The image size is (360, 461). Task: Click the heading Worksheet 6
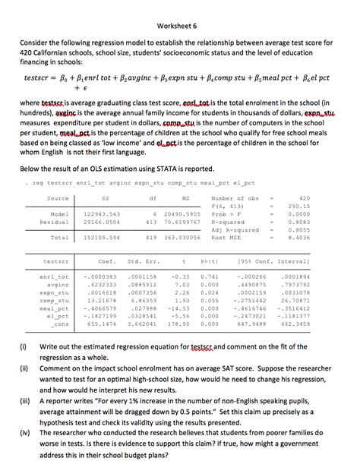[180, 24]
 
